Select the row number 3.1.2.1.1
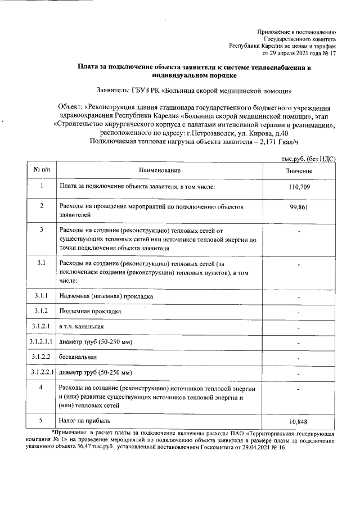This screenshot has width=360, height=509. [x=41, y=341]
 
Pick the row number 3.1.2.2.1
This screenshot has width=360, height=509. [x=41, y=372]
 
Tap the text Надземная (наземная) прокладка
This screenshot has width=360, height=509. [x=106, y=296]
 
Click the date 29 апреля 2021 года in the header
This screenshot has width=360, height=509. [x=293, y=54]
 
